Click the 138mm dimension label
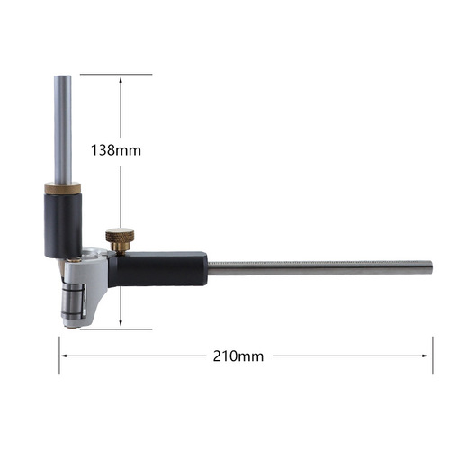click(116, 150)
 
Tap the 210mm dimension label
click(240, 355)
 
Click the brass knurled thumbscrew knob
click(120, 238)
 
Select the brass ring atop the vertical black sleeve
click(62, 188)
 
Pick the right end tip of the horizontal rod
click(430, 267)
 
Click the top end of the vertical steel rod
click(62, 77)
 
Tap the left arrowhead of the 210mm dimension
click(65, 355)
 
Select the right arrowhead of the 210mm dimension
click(427, 355)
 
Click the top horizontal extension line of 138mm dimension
click(117, 74)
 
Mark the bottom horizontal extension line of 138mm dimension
click(117, 328)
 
